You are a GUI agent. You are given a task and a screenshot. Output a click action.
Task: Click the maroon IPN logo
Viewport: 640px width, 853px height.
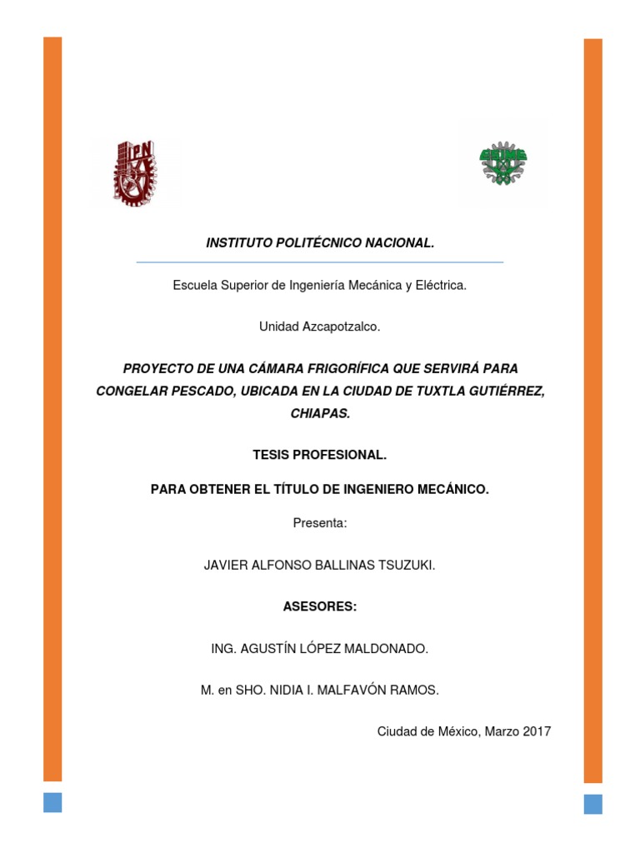[133, 172]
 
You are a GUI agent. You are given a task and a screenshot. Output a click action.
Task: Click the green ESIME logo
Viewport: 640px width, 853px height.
[504, 162]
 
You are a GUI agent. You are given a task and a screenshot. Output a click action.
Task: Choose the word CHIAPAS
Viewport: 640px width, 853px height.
[319, 413]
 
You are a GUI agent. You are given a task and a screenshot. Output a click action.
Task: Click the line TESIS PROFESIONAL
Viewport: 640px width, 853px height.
[319, 456]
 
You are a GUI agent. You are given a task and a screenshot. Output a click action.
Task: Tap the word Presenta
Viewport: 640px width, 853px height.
[319, 523]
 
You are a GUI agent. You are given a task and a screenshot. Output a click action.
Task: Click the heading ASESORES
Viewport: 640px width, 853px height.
[319, 607]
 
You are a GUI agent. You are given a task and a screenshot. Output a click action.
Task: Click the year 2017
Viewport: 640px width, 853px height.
[537, 732]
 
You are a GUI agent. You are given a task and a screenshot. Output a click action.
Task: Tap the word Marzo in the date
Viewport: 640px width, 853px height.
[502, 732]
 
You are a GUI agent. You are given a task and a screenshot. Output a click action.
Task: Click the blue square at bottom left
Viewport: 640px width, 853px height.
[52, 801]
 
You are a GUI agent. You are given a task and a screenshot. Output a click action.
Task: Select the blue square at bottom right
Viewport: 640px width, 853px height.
[592, 803]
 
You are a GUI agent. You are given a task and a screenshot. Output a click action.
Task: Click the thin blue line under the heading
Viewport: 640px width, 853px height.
[319, 262]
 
